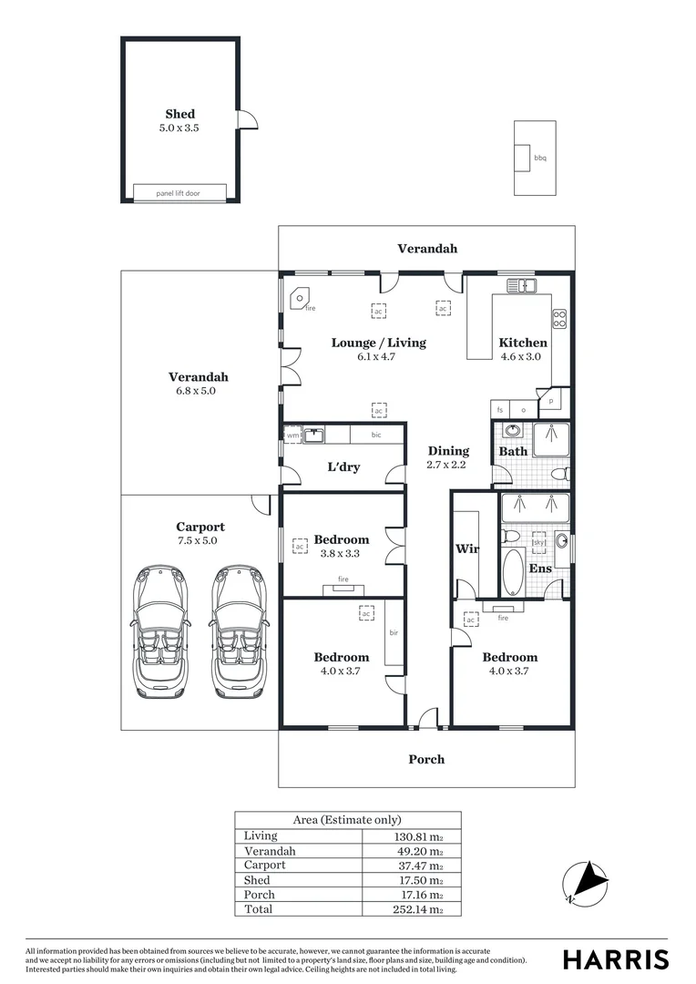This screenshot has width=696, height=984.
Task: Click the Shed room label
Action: coord(179,114)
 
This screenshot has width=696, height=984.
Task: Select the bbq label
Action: coord(540,159)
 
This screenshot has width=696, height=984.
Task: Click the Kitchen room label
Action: coord(523,343)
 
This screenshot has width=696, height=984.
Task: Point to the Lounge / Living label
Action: coord(378,343)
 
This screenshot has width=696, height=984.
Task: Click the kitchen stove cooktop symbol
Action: coord(560,319)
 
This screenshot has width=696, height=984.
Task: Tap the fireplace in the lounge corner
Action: coord(298,300)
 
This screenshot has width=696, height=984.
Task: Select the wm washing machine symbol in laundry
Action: coord(292,436)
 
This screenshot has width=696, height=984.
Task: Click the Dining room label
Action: coord(448,450)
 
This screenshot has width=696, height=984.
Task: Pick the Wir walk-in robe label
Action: coord(466,548)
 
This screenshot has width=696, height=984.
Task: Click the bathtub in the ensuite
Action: coord(514,571)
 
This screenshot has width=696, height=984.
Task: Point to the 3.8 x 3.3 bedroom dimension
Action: coord(342,553)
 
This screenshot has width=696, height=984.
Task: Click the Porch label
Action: coord(426,759)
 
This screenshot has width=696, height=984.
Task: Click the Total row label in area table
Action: coord(258,909)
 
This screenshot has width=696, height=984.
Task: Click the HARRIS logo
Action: coord(616,959)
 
